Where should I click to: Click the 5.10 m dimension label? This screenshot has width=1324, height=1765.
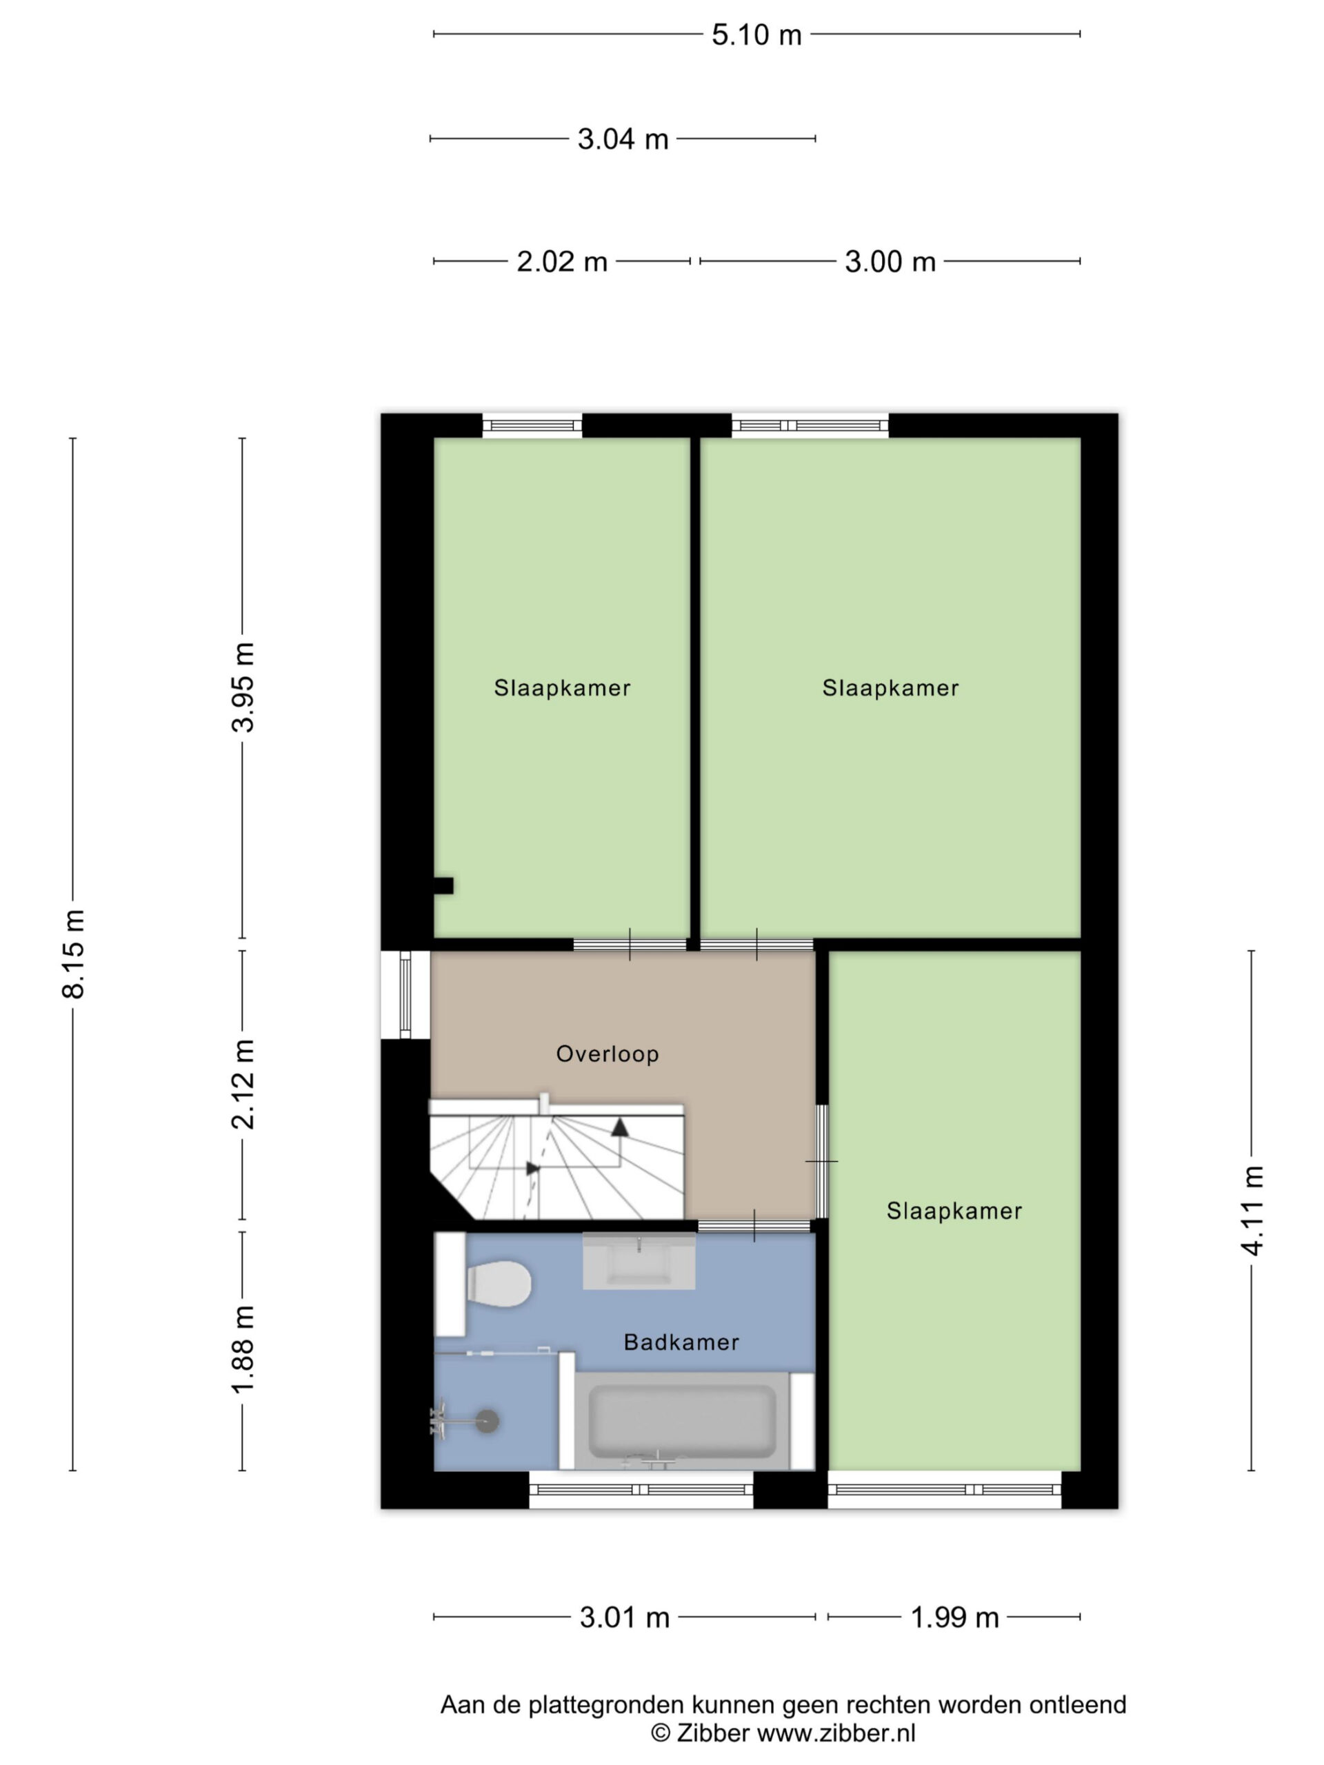pos(756,35)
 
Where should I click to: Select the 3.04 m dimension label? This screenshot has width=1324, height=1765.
pos(623,140)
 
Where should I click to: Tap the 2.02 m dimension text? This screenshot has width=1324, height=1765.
pos(562,262)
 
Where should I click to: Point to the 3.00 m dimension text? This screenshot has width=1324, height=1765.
pos(890,262)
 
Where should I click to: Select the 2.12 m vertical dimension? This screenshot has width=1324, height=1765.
pos(243,1085)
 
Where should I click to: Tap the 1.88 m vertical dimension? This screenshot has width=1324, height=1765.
pos(243,1349)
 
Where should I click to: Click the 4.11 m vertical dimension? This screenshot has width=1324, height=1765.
pos(1252,1211)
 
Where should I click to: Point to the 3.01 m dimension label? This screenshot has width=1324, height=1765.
pos(624,1617)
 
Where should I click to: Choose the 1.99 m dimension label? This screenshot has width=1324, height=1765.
pos(954,1617)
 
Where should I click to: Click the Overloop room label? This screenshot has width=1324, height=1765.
pos(608,1054)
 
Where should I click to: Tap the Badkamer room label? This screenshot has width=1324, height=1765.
pos(681,1342)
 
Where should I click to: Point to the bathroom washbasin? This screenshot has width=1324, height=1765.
pos(639,1261)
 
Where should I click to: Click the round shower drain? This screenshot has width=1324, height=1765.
pos(488,1421)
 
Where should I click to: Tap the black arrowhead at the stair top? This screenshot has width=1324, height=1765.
pos(619,1127)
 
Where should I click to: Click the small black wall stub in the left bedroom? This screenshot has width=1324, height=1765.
pos(443,886)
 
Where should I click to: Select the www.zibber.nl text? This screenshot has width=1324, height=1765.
pos(836,1733)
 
